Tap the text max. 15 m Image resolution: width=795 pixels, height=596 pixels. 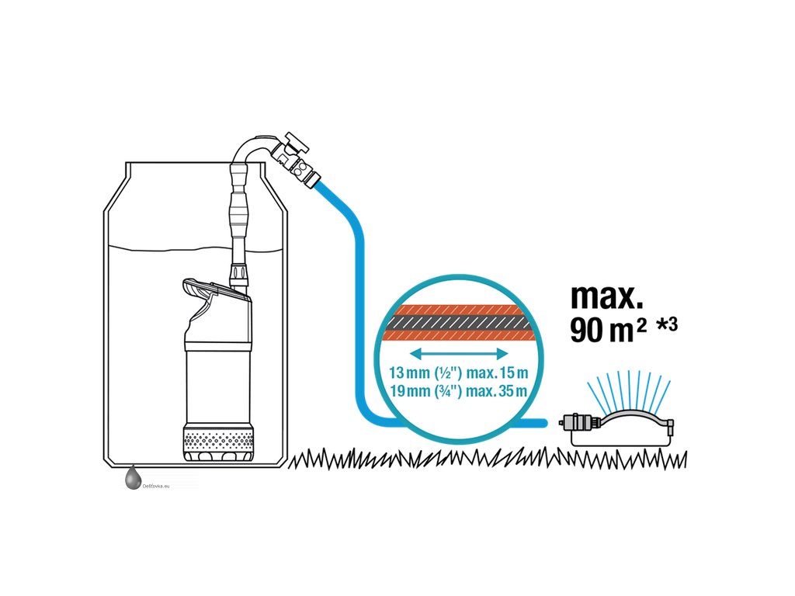click(498, 372)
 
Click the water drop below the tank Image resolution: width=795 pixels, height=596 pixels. click(131, 479)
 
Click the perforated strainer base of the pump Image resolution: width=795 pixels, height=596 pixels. click(217, 445)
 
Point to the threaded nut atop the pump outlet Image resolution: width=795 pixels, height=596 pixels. click(238, 275)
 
